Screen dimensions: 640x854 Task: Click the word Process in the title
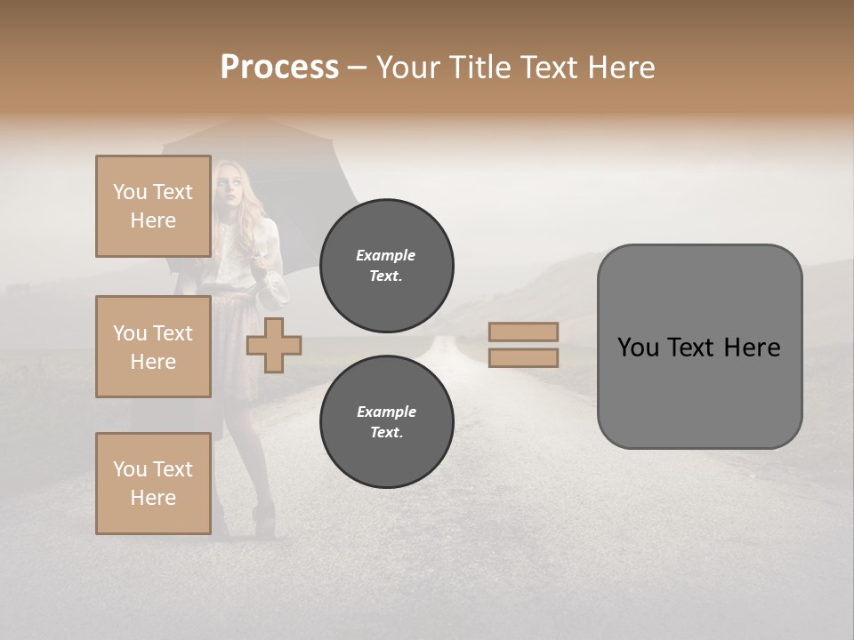pos(279,68)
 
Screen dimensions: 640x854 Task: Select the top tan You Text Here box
pos(153,206)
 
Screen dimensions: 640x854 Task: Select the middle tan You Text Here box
pos(153,347)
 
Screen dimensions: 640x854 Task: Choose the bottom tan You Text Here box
pos(153,484)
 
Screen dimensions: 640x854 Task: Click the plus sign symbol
pos(274,345)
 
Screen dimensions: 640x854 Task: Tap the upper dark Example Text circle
pos(387,266)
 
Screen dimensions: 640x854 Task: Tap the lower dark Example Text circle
pos(387,422)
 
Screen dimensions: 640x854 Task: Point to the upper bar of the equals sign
pos(523,332)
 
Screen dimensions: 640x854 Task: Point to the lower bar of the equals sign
pos(523,357)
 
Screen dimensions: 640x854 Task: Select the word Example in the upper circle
pos(386,255)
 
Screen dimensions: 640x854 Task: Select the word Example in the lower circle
pos(386,412)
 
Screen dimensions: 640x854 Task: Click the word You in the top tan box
pos(129,192)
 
